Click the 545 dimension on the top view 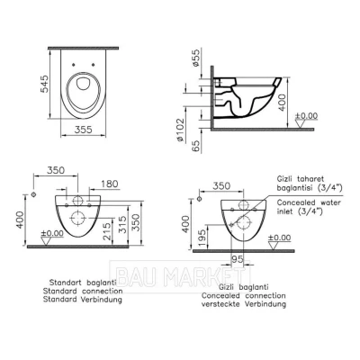(44, 84)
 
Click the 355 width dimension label (83, 130)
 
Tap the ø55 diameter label (195, 58)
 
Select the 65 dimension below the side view (195, 146)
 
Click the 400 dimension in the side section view (282, 102)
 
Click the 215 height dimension (107, 230)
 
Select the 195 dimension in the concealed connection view (202, 238)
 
